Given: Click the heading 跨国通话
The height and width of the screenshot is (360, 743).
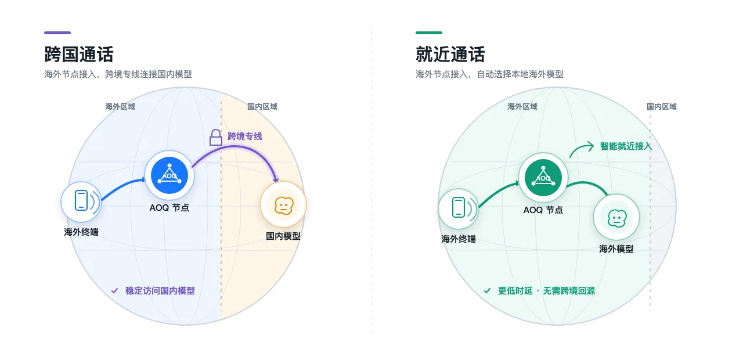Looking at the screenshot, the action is point(78,55).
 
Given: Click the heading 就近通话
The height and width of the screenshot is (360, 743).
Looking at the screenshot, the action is point(450,55).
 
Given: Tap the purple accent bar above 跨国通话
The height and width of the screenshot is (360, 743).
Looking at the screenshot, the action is point(57,33).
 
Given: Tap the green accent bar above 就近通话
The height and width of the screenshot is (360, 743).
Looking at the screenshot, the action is point(429,33).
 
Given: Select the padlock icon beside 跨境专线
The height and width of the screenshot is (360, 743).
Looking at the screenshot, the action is point(215,138).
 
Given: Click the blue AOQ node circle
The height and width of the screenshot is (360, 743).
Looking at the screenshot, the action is point(169,175).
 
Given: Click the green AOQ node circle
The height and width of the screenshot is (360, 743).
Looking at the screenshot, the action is point(543,178).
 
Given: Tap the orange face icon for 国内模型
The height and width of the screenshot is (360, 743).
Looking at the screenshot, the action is point(284,206).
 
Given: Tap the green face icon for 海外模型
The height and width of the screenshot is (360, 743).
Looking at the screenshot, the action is point(616,218).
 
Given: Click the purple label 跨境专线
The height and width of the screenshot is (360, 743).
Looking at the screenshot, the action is point(245,136).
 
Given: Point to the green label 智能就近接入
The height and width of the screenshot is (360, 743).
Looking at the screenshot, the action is point(626,146).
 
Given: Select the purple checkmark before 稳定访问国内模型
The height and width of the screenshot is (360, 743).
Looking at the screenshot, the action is point(114,291).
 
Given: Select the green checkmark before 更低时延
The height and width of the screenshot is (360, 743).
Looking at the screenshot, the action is point(487,291).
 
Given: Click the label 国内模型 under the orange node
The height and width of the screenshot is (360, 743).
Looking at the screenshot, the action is point(283,236).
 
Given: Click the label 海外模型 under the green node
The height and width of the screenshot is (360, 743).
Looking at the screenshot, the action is point(616,249).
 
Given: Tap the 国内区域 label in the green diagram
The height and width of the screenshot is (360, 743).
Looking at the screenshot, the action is point(661,106).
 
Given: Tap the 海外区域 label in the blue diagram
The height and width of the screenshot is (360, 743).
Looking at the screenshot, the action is point(120,106).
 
